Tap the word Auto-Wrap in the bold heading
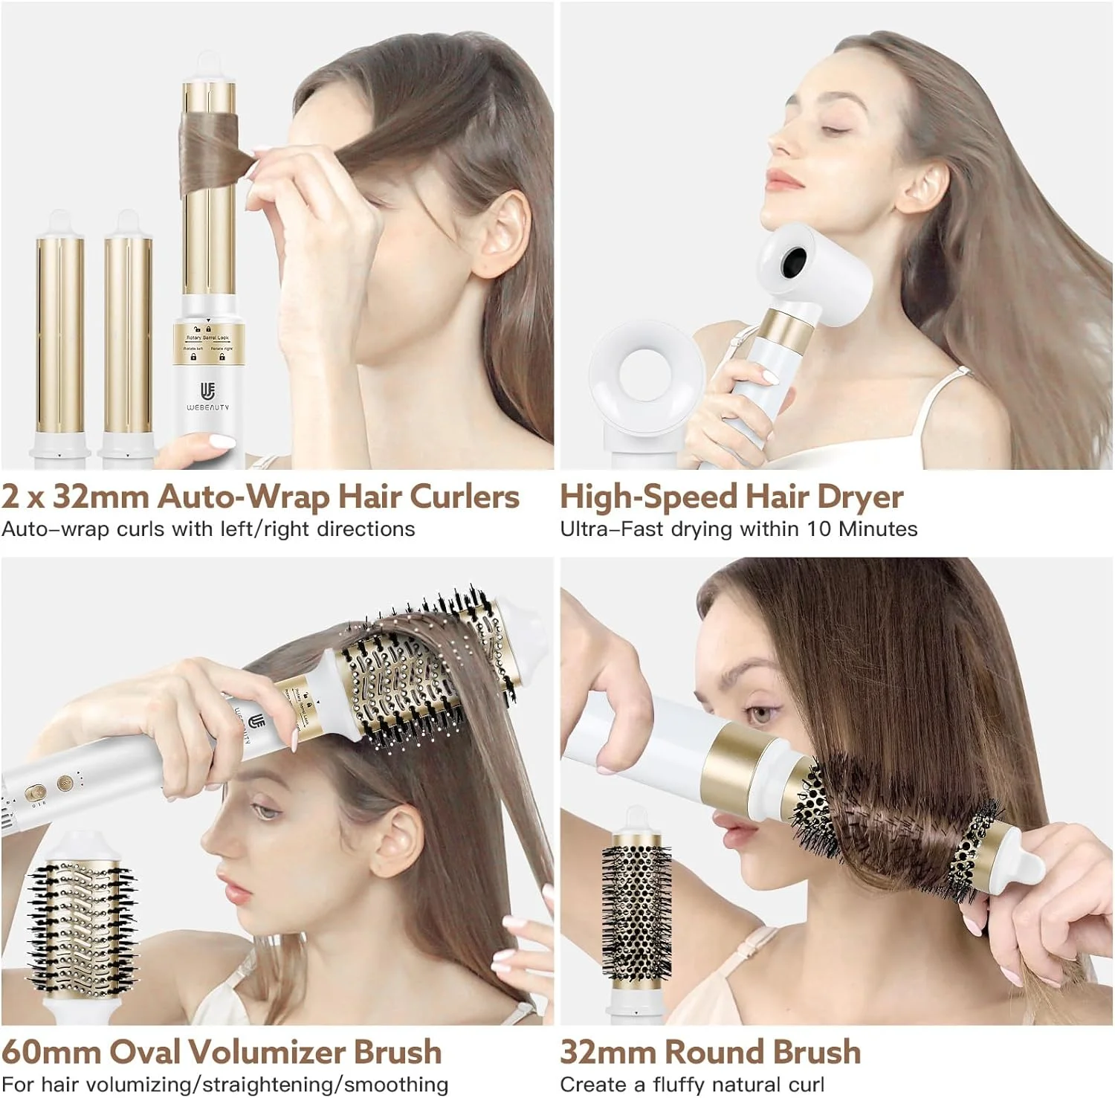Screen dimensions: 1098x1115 243,497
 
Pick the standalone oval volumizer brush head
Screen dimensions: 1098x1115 82,922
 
